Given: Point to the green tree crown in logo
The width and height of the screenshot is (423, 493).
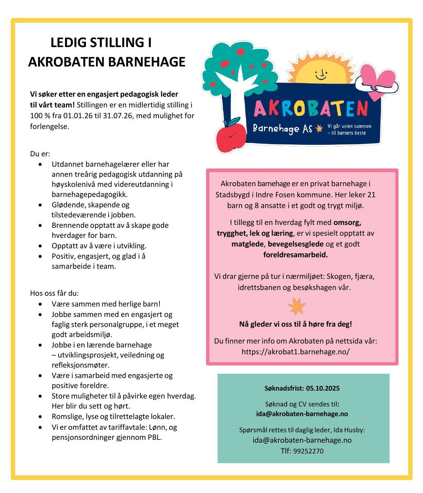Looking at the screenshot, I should click(237, 65).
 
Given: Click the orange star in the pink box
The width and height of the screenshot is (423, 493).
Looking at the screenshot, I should click(296, 307).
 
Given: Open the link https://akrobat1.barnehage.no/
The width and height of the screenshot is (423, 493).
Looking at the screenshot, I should click(295, 351).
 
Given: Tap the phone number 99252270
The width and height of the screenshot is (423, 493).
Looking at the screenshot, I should click(308, 451).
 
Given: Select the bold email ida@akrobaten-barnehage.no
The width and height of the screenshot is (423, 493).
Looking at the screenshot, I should click(302, 414).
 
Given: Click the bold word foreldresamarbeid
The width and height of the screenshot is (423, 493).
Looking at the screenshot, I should click(295, 255).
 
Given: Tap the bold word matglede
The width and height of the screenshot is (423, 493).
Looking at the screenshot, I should click(248, 244).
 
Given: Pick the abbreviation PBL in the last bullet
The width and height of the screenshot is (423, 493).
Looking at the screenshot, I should click(154, 437).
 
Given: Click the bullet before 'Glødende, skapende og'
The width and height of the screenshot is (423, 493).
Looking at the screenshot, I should click(40, 205).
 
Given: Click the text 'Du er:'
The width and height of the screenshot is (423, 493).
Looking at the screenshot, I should click(40, 154).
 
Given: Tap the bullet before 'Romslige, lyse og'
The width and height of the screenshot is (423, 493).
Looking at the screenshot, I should click(40, 416).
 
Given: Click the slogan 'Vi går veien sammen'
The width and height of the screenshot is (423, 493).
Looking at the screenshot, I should click(349, 126).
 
